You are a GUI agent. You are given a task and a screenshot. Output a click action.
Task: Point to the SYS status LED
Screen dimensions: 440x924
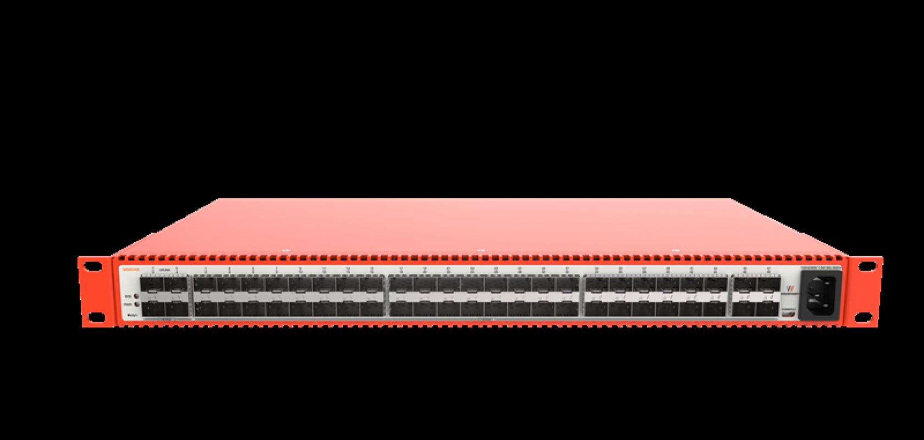[136, 296]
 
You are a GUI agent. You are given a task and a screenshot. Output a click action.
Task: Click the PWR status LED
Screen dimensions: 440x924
[136, 304]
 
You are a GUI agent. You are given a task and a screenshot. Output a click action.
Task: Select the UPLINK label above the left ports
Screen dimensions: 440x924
[164, 270]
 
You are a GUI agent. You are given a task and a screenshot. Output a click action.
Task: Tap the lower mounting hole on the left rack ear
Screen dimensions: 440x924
[97, 316]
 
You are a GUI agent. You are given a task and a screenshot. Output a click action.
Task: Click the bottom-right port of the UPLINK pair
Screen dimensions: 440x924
[177, 309]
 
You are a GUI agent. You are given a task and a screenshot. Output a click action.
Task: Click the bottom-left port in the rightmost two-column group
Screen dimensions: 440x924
[745, 309]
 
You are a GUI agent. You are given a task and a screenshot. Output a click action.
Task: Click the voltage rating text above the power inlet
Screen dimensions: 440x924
[821, 268]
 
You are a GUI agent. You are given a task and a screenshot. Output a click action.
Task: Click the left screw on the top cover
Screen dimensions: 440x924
[285, 250]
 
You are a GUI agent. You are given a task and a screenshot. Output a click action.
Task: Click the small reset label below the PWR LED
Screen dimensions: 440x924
[133, 315]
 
